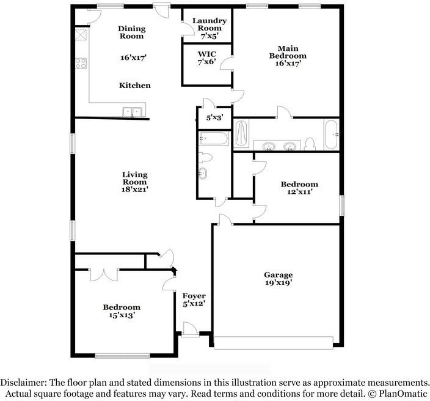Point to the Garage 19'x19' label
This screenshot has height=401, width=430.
[278, 279]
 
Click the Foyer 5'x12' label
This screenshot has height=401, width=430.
[194, 300]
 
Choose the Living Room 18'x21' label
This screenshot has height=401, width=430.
[134, 182]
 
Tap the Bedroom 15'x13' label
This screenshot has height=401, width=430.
[121, 311]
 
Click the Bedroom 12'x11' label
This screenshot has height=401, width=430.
[299, 188]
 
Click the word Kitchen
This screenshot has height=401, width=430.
[134, 86]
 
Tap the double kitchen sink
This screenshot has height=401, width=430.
[132, 111]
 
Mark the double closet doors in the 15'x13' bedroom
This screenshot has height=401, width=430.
[104, 274]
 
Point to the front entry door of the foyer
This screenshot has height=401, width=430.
[189, 331]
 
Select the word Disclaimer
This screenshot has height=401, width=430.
[24, 381]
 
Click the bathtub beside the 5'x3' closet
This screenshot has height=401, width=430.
[213, 139]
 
